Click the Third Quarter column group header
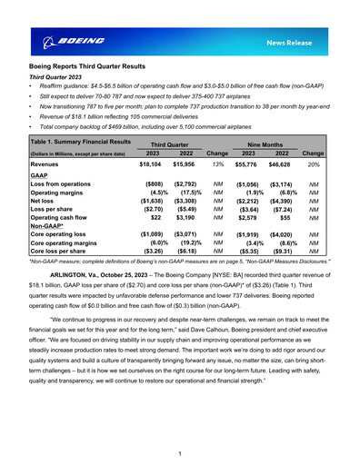tap(168, 143)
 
